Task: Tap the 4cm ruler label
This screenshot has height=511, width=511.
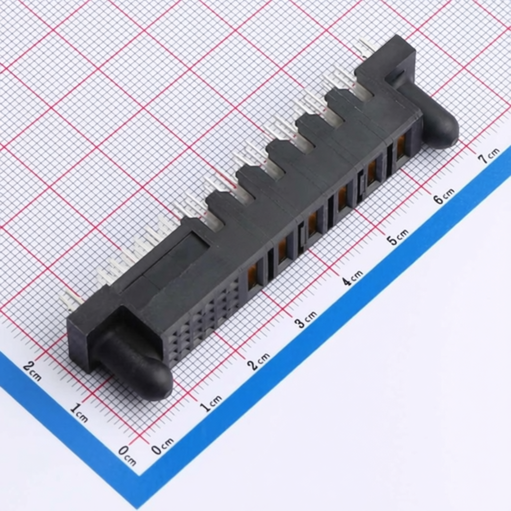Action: click(x=352, y=278)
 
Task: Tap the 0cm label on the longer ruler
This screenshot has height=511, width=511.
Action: click(x=162, y=445)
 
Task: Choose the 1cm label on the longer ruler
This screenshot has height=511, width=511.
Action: click(x=211, y=403)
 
